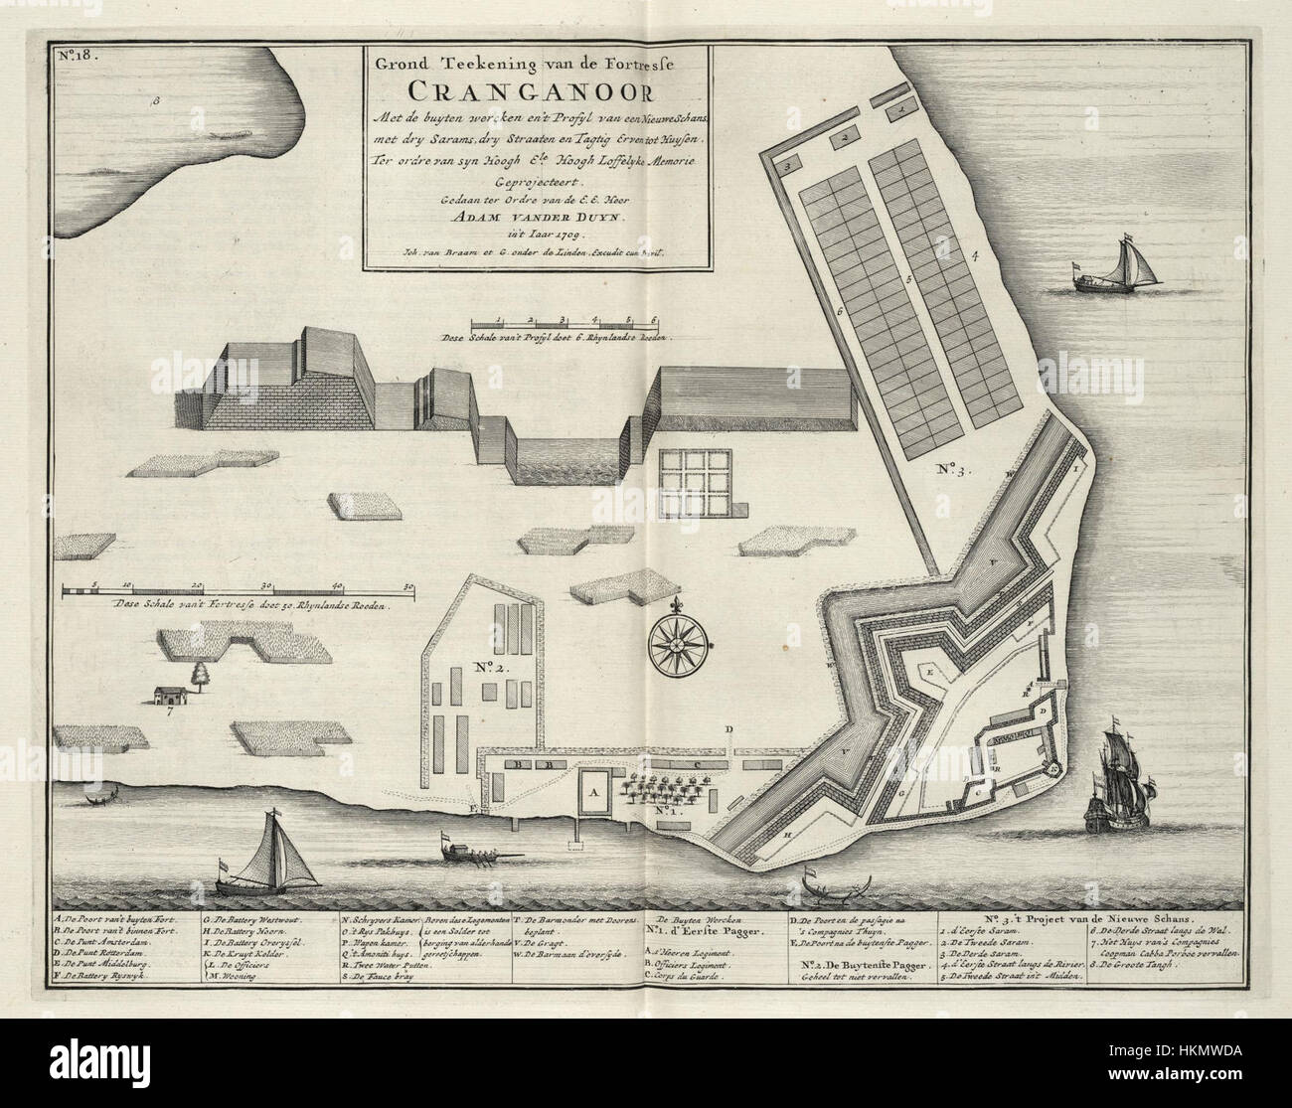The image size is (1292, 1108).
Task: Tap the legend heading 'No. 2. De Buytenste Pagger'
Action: pos(864,965)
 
